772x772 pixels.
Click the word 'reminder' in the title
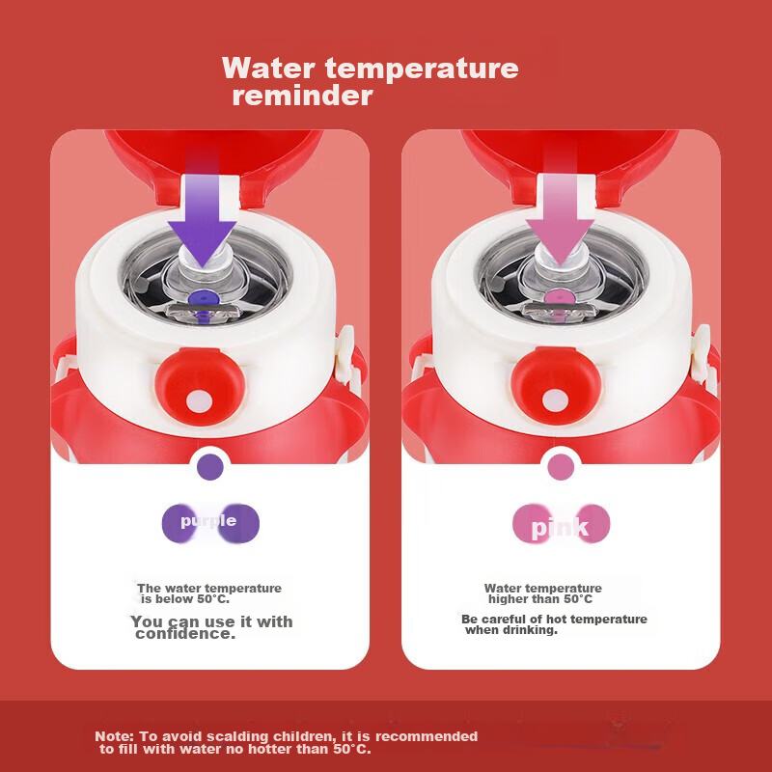[x=302, y=96]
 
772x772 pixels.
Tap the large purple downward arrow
[x=202, y=216]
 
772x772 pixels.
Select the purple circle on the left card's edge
[x=210, y=467]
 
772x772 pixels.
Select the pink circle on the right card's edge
[x=561, y=466]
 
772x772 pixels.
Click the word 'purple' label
[x=208, y=521]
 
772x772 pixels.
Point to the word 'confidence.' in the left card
[x=185, y=634]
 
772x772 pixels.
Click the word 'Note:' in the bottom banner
[x=114, y=736]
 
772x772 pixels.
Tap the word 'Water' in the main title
[x=268, y=68]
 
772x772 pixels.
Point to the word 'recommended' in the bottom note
[x=427, y=736]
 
